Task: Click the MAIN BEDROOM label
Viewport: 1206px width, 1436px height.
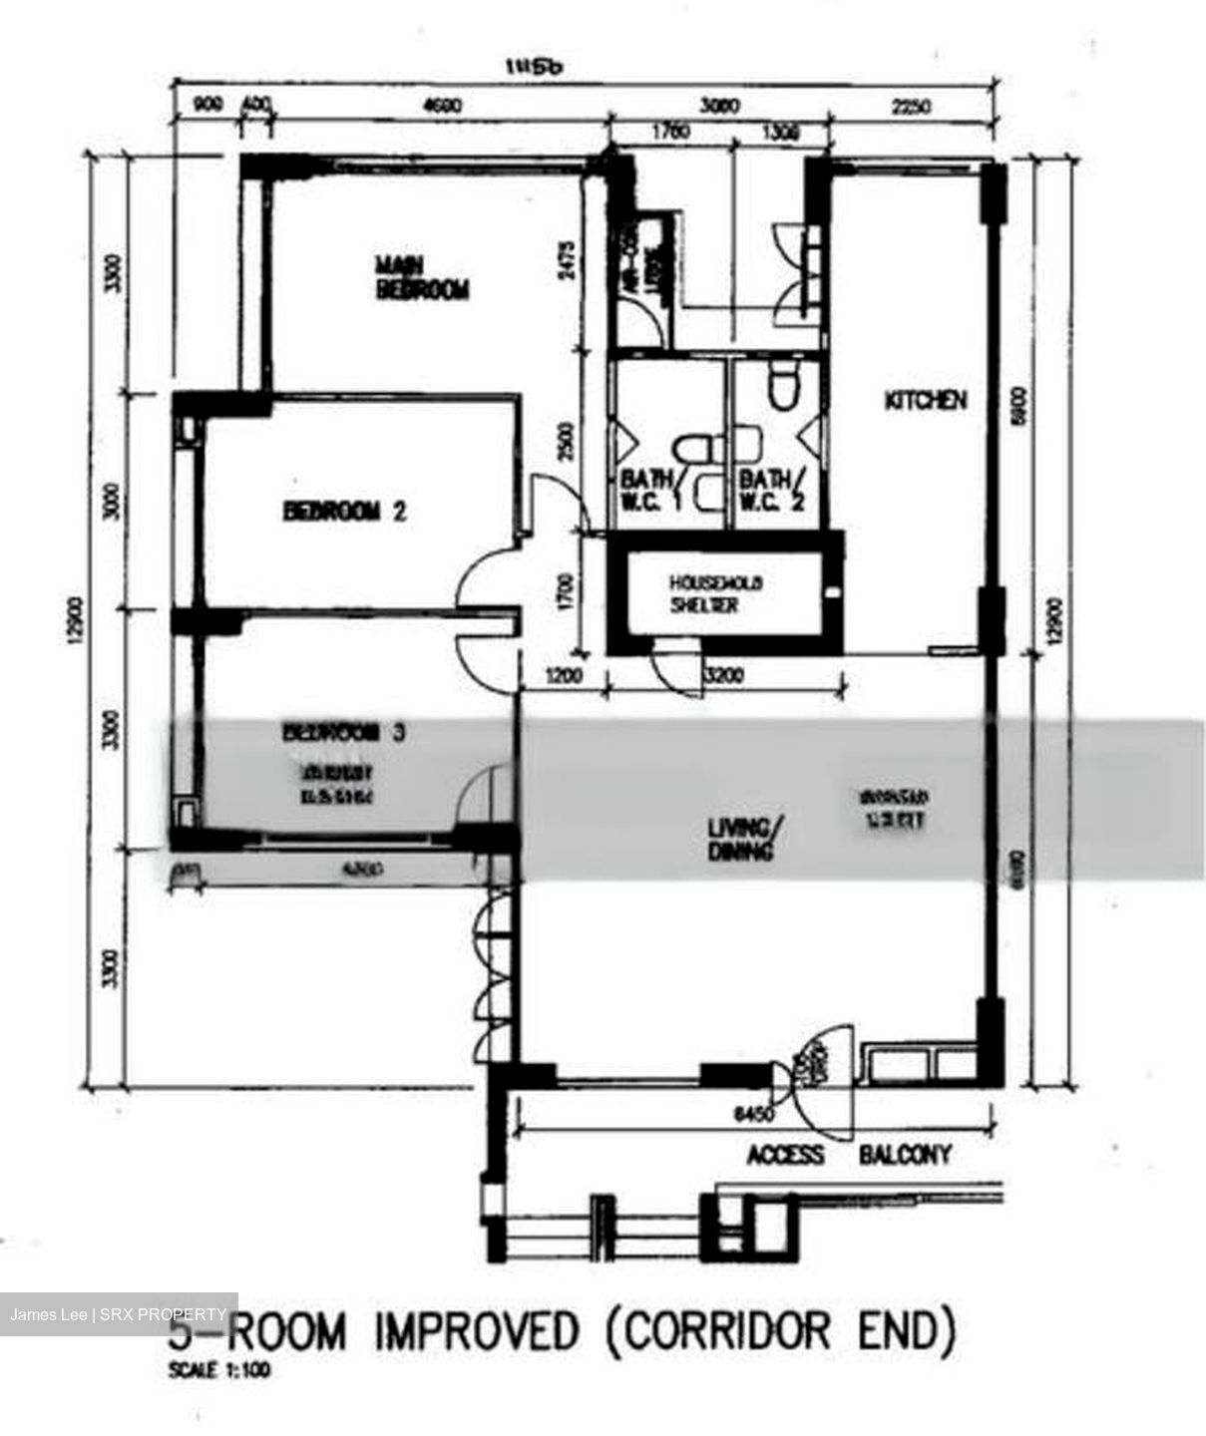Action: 421,277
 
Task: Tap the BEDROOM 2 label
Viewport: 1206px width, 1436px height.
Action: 344,512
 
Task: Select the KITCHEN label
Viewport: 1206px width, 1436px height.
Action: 926,400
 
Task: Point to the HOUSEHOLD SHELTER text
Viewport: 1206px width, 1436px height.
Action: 716,593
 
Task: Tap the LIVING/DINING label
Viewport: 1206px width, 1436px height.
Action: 739,839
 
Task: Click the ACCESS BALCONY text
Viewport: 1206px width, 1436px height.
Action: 849,1154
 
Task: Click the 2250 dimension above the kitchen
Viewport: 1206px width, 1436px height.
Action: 912,106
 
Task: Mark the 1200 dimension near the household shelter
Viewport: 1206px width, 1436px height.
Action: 564,677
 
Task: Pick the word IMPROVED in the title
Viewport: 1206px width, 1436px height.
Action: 477,1330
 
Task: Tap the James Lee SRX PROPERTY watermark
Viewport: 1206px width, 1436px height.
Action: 118,1314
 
